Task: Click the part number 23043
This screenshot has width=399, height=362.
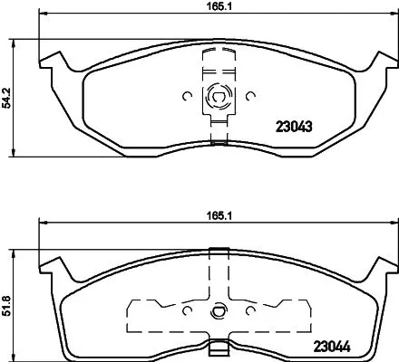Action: point(293,128)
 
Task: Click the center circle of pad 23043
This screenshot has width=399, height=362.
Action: point(218,94)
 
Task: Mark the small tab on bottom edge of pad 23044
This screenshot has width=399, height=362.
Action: point(218,345)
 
